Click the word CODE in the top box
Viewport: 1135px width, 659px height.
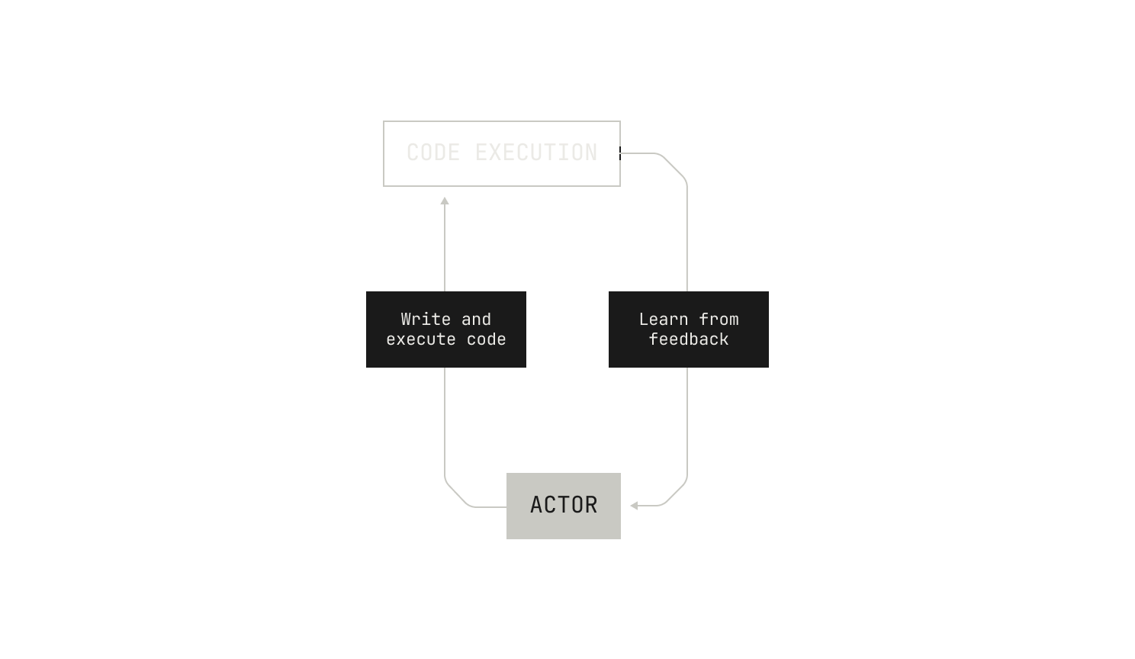(x=433, y=153)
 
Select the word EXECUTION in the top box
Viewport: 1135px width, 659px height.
(x=536, y=153)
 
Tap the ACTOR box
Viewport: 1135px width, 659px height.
(x=564, y=506)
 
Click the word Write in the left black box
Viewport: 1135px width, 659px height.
(x=426, y=320)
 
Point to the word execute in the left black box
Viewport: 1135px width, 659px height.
(x=421, y=339)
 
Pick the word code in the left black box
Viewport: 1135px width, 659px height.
(x=487, y=339)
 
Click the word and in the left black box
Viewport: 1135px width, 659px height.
(x=476, y=320)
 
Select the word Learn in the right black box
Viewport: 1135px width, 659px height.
(x=664, y=320)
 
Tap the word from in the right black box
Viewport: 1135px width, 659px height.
(x=719, y=320)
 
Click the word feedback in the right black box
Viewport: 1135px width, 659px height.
(x=689, y=339)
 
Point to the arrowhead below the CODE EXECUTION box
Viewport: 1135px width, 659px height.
(x=445, y=201)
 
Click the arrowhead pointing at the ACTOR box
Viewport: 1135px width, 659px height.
(x=634, y=506)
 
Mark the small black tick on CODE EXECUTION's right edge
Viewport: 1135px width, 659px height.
(x=620, y=153)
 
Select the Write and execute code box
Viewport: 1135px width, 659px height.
(x=446, y=329)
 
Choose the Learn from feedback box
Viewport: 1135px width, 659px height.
(x=689, y=329)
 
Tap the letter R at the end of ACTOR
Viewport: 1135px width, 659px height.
(x=591, y=505)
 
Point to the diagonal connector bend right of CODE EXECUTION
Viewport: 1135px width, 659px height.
(x=674, y=166)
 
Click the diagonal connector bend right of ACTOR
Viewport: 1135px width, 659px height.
(x=674, y=493)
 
